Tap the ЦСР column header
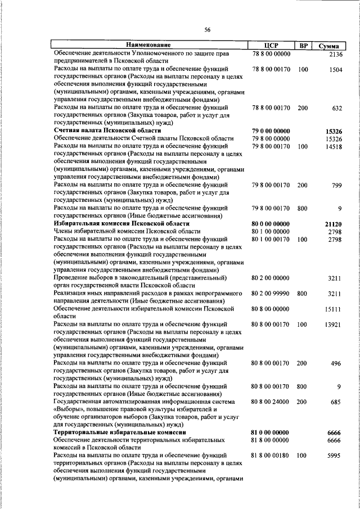coord(272,45)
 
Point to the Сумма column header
coord(329,45)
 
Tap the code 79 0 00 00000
coord(272,130)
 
